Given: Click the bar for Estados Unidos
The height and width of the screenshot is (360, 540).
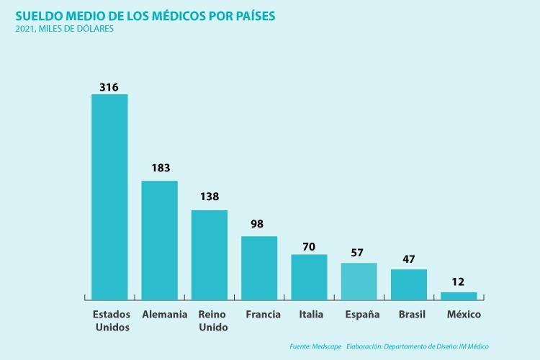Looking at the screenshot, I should point(109,197).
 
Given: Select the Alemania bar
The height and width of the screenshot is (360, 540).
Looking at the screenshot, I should point(159,240).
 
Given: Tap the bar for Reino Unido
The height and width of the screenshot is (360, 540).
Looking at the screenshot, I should point(209,255).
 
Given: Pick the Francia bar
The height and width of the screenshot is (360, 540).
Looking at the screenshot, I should point(259,268).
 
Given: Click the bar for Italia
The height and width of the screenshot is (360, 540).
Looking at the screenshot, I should point(309,276).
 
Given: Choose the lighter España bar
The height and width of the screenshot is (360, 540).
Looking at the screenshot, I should point(359,281).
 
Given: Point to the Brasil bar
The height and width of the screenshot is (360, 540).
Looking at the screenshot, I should point(409,284).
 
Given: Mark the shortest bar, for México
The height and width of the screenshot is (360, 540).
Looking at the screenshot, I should point(459,295).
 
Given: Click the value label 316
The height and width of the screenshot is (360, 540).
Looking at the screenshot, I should point(109,87).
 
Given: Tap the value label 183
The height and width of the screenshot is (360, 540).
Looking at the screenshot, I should point(160,168).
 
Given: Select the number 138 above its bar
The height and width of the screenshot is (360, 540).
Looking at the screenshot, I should point(209,197).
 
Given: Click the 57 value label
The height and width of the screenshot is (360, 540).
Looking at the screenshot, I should point(357,253).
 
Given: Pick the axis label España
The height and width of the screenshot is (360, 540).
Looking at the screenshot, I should point(362,315).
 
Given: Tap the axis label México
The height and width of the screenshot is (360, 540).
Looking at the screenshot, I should point(464,315).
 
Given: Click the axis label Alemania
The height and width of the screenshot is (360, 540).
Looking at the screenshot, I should point(165,315).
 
